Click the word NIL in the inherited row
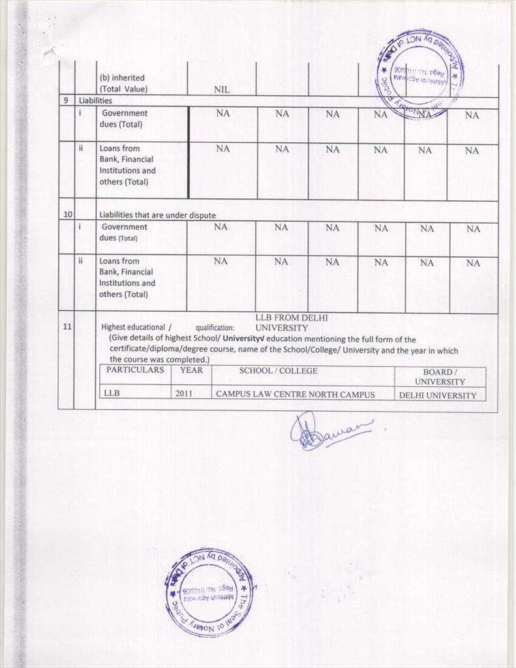(222, 89)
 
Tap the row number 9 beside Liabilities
(66, 101)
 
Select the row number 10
(67, 214)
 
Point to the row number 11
(67, 327)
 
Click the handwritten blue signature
(330, 432)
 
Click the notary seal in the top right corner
(420, 74)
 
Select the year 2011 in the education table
(184, 394)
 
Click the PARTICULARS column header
(135, 371)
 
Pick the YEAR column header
(191, 371)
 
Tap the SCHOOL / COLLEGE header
(278, 371)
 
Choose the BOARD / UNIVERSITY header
(440, 376)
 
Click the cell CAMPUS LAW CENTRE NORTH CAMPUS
(295, 395)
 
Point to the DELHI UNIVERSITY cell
(437, 395)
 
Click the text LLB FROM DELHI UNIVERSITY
(290, 322)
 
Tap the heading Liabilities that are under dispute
(157, 215)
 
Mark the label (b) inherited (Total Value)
(123, 83)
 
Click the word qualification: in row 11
(215, 328)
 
